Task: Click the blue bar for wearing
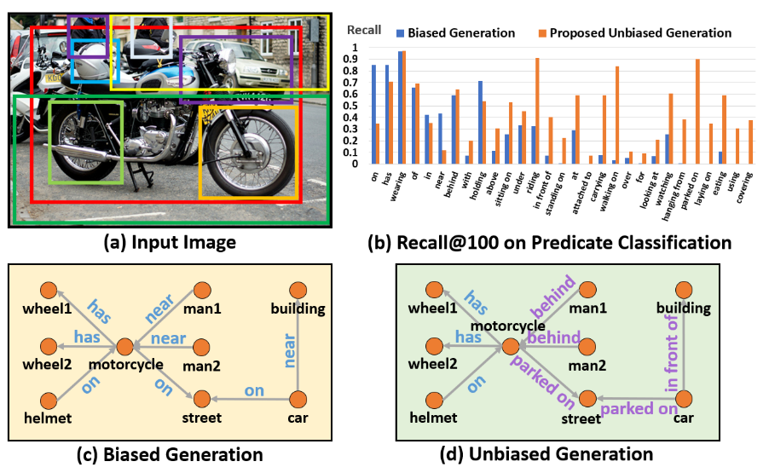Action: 400,107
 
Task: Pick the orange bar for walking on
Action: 617,115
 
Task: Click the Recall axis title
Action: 363,31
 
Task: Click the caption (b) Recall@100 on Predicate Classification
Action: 549,243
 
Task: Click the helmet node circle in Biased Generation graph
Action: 50,398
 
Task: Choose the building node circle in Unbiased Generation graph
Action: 687,290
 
